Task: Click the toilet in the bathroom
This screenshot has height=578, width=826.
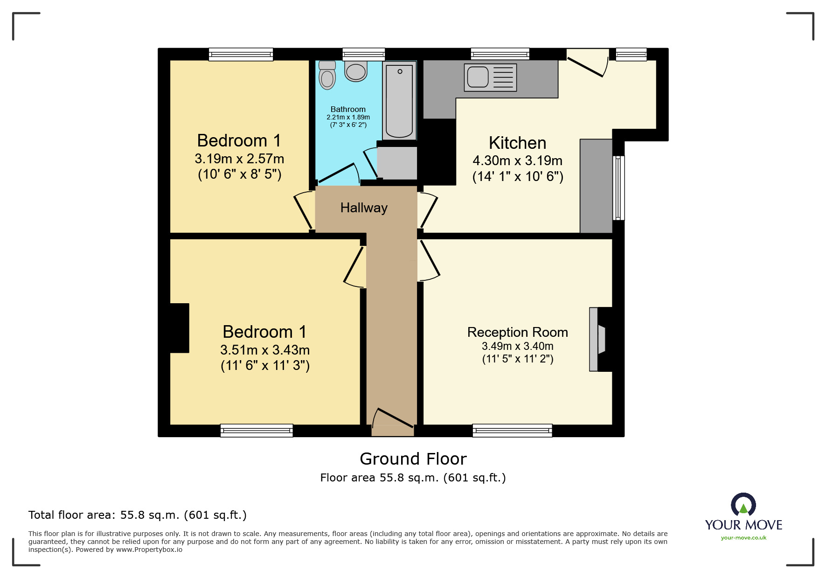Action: point(327,76)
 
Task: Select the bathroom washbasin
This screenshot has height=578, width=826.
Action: point(356,71)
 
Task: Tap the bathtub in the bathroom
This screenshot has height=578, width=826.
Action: point(399,100)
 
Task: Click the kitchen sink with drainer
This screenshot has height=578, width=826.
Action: point(490,77)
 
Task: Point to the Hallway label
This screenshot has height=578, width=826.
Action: point(364,208)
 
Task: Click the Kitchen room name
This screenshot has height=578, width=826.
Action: point(517,143)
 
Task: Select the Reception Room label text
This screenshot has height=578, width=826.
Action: point(517,332)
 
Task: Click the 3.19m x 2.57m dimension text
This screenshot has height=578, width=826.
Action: point(239,159)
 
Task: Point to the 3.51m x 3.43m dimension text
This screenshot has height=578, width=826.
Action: point(265,350)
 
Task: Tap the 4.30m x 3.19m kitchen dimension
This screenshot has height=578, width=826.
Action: point(517,160)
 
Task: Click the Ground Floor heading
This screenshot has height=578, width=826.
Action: point(413,459)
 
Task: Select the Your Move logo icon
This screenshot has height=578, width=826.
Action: point(743,505)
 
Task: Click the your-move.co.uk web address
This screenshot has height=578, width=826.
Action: point(743,538)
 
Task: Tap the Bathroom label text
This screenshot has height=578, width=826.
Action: point(348,109)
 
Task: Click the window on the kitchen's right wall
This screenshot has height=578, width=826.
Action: point(618,188)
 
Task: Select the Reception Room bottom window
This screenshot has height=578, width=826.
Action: point(512,431)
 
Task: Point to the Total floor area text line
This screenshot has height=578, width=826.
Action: point(137,515)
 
